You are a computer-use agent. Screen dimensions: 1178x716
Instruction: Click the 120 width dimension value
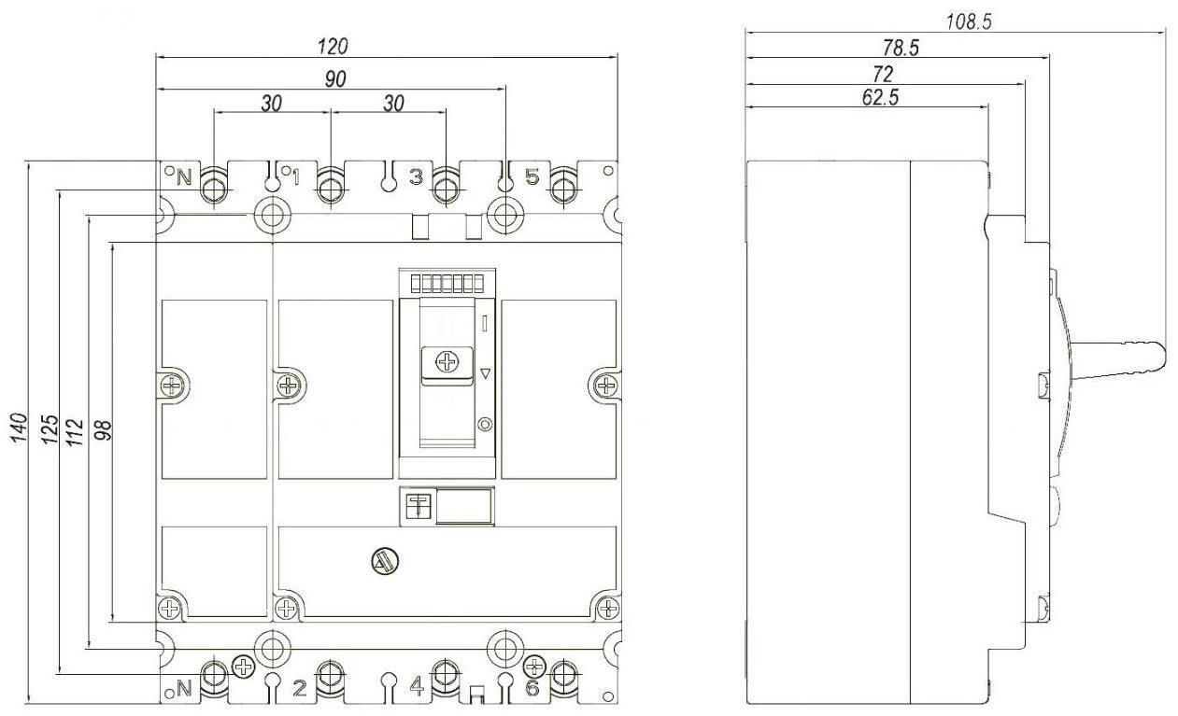coord(333,47)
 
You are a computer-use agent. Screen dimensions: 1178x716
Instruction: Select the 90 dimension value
coord(335,78)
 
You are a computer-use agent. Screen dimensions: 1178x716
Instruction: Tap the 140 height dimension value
coord(19,427)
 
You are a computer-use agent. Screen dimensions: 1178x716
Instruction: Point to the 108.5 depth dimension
coord(968,21)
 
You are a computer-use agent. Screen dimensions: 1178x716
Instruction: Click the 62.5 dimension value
coord(880,97)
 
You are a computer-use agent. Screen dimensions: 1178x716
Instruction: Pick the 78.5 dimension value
coord(901,48)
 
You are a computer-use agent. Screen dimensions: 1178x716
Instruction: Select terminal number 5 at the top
coord(532,176)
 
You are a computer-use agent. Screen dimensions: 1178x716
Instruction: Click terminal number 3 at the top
coord(416,176)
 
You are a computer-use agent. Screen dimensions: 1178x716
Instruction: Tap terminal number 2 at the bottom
coord(299,688)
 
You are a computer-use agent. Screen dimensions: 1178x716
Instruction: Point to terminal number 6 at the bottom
coord(532,688)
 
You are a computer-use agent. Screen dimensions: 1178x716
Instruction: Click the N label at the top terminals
coord(183,177)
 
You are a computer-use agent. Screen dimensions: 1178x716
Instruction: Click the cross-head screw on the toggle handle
coord(447,361)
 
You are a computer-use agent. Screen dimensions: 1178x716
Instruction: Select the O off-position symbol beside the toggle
coord(485,424)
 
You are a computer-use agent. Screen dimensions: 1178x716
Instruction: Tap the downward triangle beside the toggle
coord(486,373)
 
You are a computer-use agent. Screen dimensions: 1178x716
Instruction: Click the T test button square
coord(419,506)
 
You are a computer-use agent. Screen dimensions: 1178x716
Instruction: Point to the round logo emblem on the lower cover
coord(385,562)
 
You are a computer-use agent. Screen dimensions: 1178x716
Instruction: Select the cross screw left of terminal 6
coord(535,667)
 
